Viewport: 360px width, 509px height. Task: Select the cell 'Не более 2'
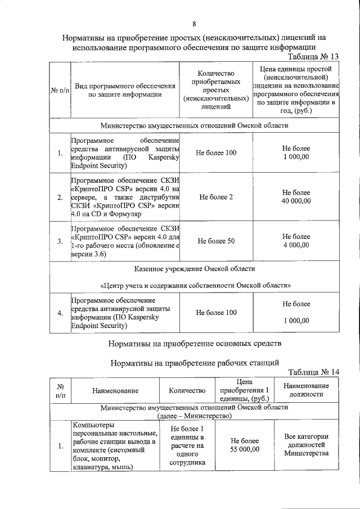(216, 197)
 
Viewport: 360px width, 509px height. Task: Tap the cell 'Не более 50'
(216, 241)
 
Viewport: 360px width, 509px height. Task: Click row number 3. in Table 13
(60, 241)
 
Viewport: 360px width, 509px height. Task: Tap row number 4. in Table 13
(60, 313)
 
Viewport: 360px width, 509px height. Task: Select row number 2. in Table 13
(60, 197)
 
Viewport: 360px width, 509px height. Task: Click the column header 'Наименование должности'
(306, 390)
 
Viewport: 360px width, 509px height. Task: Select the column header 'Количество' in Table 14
(187, 390)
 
